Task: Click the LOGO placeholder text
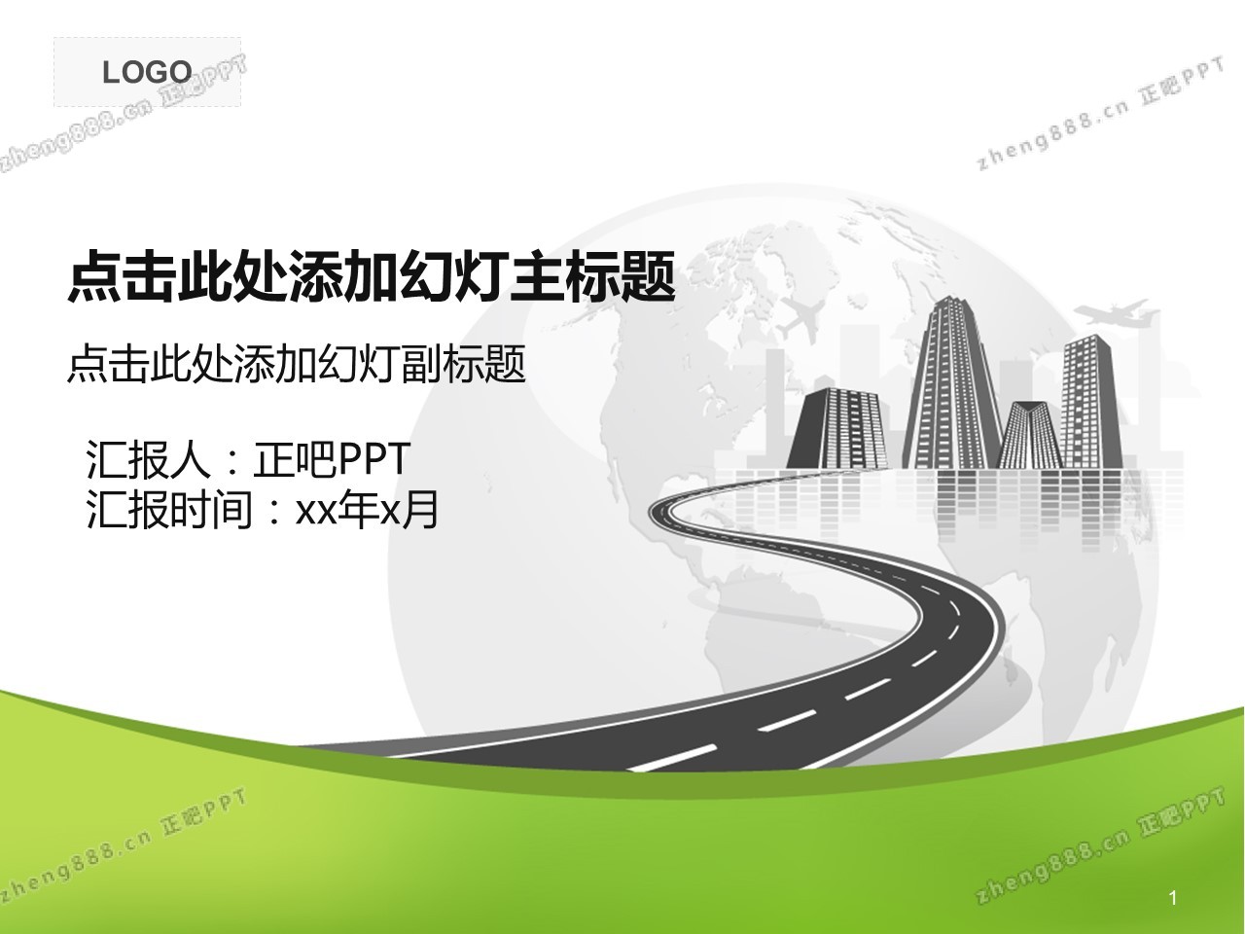(147, 73)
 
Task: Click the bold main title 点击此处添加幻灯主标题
(372, 276)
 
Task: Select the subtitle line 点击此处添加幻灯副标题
(296, 364)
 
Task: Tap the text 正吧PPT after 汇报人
(332, 458)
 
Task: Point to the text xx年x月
(367, 509)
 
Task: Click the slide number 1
(1173, 898)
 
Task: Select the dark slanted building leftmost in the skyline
(836, 429)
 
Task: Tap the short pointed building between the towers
(1029, 435)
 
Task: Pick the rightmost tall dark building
(1091, 402)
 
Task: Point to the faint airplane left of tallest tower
(801, 317)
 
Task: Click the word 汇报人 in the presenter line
(148, 458)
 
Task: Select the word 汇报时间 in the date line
(169, 509)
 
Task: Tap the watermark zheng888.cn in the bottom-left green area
(76, 866)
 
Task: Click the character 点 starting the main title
(93, 276)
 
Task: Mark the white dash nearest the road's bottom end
(673, 758)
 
